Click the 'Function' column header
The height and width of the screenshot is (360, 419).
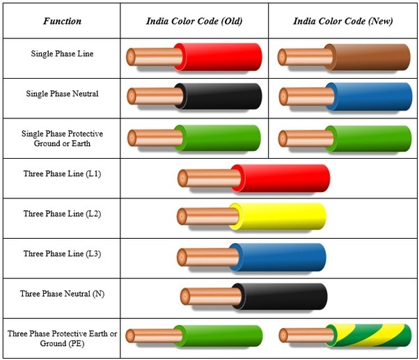[62, 21]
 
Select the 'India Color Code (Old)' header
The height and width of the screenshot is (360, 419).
[194, 21]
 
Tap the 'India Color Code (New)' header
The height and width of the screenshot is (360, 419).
[343, 21]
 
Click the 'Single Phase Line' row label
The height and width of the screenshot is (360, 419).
[62, 54]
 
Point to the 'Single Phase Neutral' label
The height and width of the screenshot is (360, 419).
[62, 94]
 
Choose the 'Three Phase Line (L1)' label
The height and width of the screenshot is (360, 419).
[62, 174]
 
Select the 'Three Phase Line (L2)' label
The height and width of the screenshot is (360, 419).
[62, 214]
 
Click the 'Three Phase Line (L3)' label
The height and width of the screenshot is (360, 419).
[62, 253]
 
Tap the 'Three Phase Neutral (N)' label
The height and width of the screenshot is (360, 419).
[62, 294]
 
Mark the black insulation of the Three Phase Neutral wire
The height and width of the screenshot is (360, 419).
[280, 297]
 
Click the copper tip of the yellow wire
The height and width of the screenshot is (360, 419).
[182, 217]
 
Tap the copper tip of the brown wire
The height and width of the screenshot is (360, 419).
[282, 57]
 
